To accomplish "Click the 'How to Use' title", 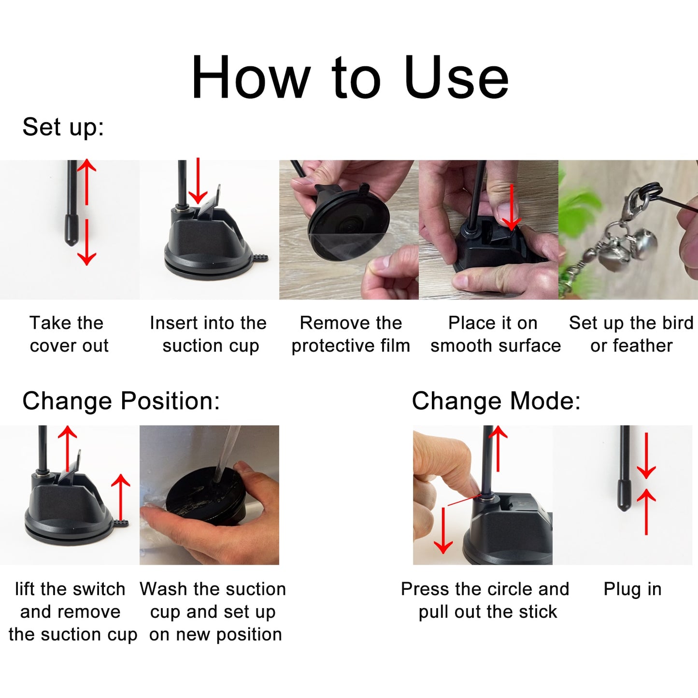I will pyautogui.click(x=350, y=77).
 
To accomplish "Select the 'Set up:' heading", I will pyautogui.click(x=63, y=127).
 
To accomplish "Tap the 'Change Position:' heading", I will pyautogui.click(x=121, y=401).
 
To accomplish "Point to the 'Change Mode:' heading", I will pyautogui.click(x=496, y=401).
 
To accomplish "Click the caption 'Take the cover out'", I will pyautogui.click(x=69, y=334).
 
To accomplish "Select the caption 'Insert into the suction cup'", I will pyautogui.click(x=209, y=334).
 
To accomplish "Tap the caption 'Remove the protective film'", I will pyautogui.click(x=350, y=334).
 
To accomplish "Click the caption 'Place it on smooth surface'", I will pyautogui.click(x=495, y=334).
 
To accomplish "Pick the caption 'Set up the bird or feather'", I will pyautogui.click(x=631, y=334).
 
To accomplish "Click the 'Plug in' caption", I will pyautogui.click(x=632, y=589).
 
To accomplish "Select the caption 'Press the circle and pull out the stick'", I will pyautogui.click(x=485, y=600).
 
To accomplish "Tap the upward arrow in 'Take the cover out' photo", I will pyautogui.click(x=86, y=181).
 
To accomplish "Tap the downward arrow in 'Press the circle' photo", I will pyautogui.click(x=443, y=531).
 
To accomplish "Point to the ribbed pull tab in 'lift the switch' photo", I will pyautogui.click(x=122, y=523).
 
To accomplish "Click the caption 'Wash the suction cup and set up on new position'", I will pyautogui.click(x=213, y=612).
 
